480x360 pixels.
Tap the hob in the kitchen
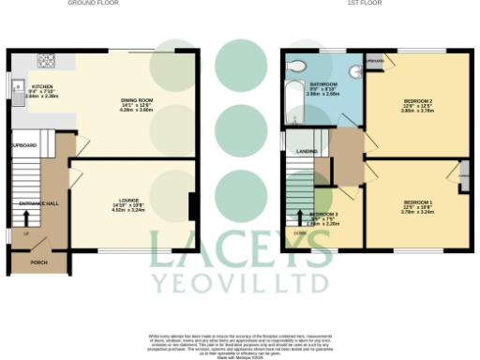44,61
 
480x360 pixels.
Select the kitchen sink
18,92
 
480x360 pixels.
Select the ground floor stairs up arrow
26,223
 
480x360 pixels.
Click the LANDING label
306,150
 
